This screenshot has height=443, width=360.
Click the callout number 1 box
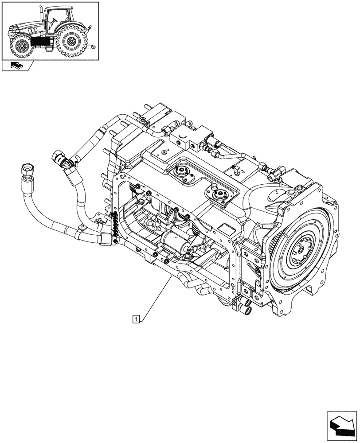pos(137,318)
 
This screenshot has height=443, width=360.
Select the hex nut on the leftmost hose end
pos(27,170)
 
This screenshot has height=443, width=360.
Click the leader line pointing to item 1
pos(155,297)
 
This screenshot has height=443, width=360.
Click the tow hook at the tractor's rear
pos(91,46)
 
